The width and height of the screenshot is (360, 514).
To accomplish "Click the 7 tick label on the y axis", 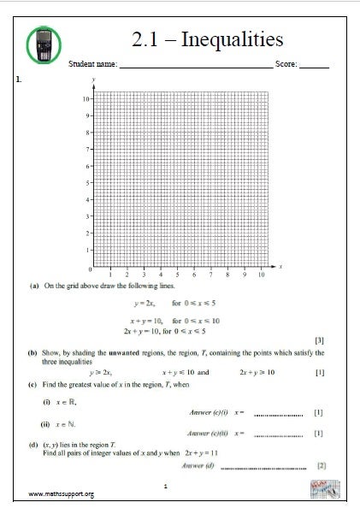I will pos(85,150).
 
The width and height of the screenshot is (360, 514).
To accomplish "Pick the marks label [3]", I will pos(320,340).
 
